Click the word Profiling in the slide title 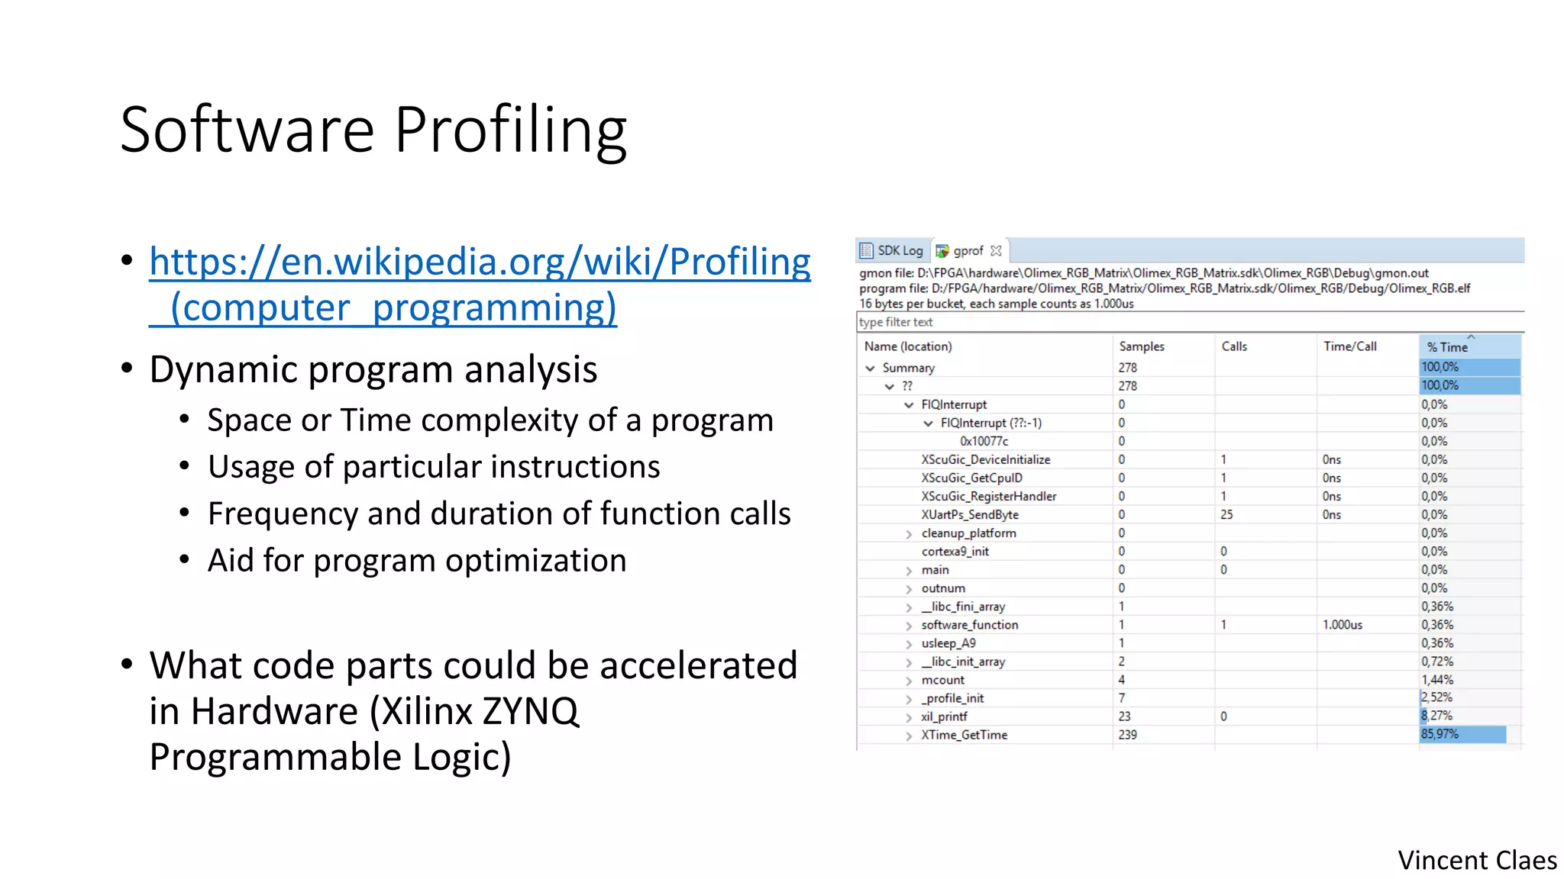click(x=510, y=130)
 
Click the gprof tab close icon click(x=996, y=250)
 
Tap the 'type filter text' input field click(x=1146, y=322)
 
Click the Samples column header click(x=1141, y=346)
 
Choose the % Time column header click(x=1447, y=347)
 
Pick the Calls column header click(x=1233, y=346)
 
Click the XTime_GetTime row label click(x=964, y=735)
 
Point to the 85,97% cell click(x=1440, y=734)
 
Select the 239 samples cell click(x=1127, y=735)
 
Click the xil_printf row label click(x=944, y=716)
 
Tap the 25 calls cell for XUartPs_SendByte click(x=1226, y=514)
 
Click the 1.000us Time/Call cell click(x=1342, y=625)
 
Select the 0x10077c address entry click(x=984, y=441)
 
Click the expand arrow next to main click(x=909, y=571)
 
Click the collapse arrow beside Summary click(x=870, y=368)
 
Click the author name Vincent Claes click(x=1477, y=860)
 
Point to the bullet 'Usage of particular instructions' click(x=433, y=467)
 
